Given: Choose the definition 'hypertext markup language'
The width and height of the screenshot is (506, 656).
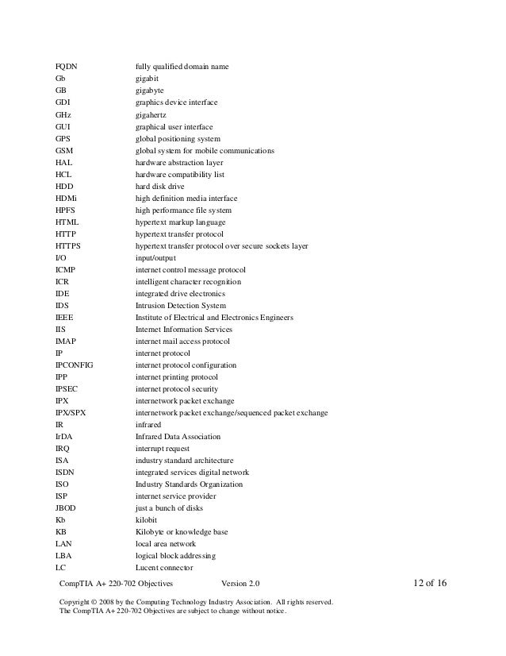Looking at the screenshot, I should (180, 222).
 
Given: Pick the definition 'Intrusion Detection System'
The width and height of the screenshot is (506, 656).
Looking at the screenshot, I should (181, 306).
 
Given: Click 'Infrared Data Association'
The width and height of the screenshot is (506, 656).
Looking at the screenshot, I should (178, 437).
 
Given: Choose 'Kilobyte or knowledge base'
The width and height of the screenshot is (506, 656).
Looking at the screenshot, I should (181, 532).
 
